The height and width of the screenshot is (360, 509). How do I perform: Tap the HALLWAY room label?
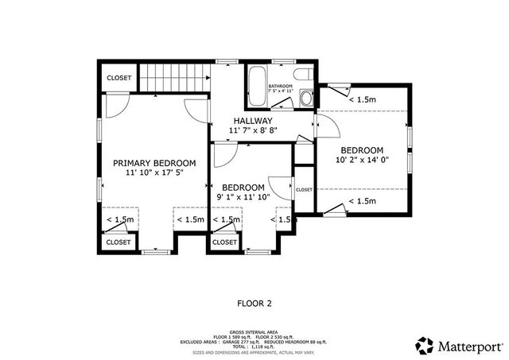(253, 120)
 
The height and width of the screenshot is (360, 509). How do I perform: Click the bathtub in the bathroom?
(257, 88)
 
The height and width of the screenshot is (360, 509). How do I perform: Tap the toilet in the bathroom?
(306, 98)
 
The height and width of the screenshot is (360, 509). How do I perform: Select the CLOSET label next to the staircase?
(119, 78)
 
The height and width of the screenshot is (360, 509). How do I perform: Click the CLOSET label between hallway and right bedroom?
(304, 190)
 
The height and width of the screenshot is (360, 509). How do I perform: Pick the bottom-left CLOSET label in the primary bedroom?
(119, 242)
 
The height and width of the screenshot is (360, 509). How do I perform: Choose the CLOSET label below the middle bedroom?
(224, 242)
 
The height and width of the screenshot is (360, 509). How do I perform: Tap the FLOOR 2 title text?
(254, 303)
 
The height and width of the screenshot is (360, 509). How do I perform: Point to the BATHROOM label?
(280, 86)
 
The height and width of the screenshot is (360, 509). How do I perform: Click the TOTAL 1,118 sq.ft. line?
(254, 346)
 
